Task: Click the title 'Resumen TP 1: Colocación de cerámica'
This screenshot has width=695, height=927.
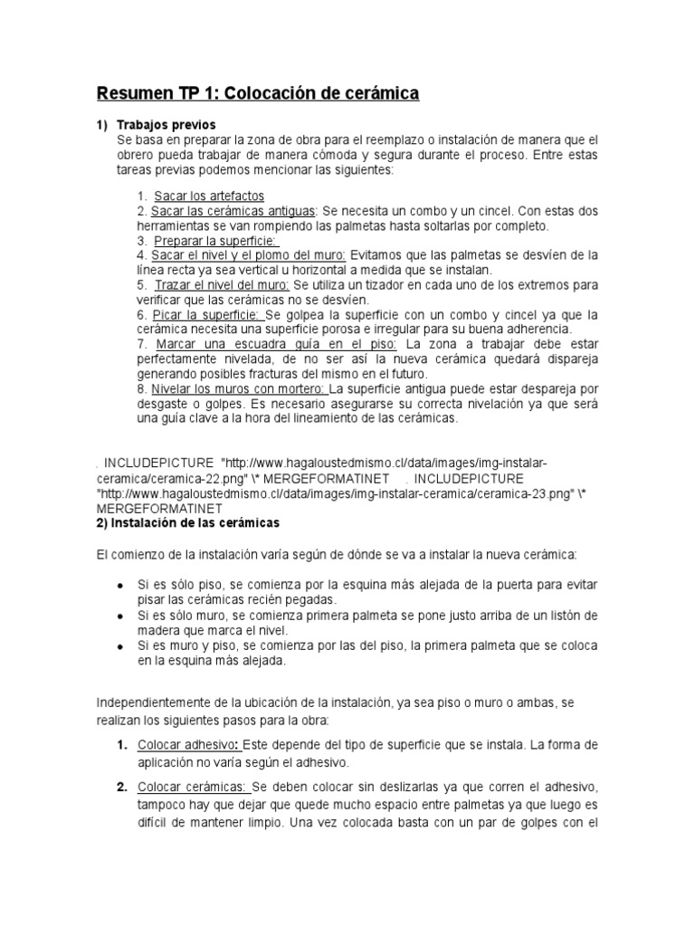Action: click(x=258, y=93)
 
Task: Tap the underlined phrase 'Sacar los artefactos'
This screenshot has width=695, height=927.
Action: click(x=209, y=196)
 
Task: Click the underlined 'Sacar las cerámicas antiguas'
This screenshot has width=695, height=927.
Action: click(x=227, y=210)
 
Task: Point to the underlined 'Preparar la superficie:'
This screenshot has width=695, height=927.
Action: click(x=215, y=241)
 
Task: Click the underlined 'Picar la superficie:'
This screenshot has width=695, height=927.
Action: click(x=207, y=314)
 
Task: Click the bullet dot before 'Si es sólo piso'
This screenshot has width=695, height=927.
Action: click(x=120, y=586)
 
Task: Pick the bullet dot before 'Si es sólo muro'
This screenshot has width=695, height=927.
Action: click(x=120, y=616)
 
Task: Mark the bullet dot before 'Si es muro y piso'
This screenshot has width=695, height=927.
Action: click(x=120, y=646)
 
